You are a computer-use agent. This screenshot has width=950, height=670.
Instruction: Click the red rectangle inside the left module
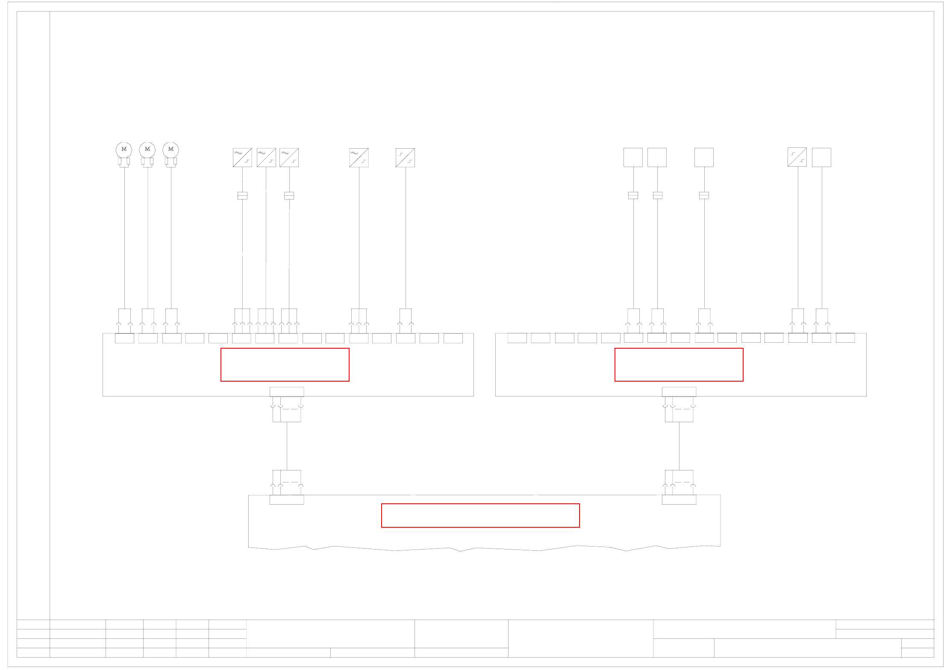[285, 364]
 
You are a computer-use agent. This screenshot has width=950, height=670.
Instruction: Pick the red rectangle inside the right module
[679, 364]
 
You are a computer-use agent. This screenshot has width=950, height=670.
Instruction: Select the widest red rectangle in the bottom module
[480, 515]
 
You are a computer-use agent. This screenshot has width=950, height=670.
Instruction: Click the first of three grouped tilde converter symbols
[242, 158]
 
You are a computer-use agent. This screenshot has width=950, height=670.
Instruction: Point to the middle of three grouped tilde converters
[266, 158]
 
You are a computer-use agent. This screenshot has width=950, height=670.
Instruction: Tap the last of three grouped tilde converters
[289, 158]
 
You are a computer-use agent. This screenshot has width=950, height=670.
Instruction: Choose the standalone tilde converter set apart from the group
[359, 158]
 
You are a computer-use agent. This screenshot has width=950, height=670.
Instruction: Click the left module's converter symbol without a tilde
[405, 158]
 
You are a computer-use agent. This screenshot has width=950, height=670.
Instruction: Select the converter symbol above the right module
[797, 157]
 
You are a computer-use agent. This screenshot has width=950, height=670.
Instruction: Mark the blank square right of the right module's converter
[821, 157]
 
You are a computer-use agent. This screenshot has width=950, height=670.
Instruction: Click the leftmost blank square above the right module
[633, 157]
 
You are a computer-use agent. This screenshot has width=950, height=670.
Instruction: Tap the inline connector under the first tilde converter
[242, 196]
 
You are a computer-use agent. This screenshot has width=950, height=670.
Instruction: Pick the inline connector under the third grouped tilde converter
[289, 196]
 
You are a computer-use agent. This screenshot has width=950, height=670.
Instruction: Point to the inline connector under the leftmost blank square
[633, 195]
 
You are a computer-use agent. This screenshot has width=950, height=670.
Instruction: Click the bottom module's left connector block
[287, 500]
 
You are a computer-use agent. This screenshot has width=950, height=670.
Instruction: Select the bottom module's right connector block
[679, 500]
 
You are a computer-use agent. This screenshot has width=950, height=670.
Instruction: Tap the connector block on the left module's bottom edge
[287, 392]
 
